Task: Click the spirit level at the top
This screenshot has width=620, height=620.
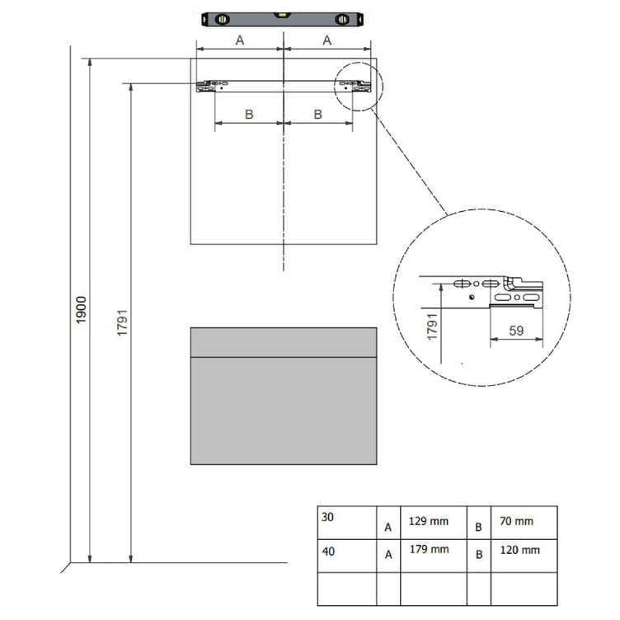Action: [x=282, y=19]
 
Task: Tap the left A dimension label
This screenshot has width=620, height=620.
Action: [x=240, y=40]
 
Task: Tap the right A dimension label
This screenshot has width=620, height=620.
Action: [x=327, y=40]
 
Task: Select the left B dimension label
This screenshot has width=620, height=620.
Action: [x=249, y=115]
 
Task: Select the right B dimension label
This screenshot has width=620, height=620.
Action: [x=318, y=115]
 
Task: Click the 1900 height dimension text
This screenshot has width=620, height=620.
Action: [x=81, y=310]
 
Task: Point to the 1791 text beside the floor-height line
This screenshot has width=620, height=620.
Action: [x=122, y=322]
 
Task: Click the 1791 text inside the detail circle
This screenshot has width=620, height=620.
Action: [x=432, y=326]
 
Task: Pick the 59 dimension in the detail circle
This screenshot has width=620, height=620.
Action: [x=516, y=331]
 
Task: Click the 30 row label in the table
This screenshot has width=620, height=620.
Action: [x=327, y=517]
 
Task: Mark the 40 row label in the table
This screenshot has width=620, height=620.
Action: [x=328, y=552]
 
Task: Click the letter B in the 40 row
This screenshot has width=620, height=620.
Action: [x=479, y=554]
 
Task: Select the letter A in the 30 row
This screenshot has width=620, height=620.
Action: [x=387, y=527]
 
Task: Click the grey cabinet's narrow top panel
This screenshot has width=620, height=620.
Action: [x=284, y=342]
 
